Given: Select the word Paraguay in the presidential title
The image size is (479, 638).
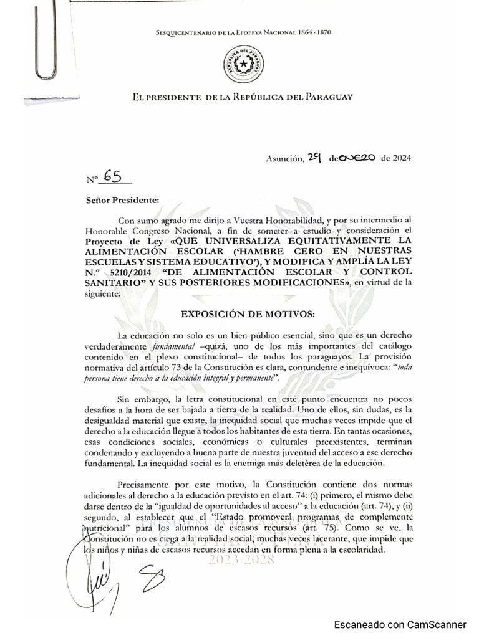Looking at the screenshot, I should [x=328, y=97].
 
